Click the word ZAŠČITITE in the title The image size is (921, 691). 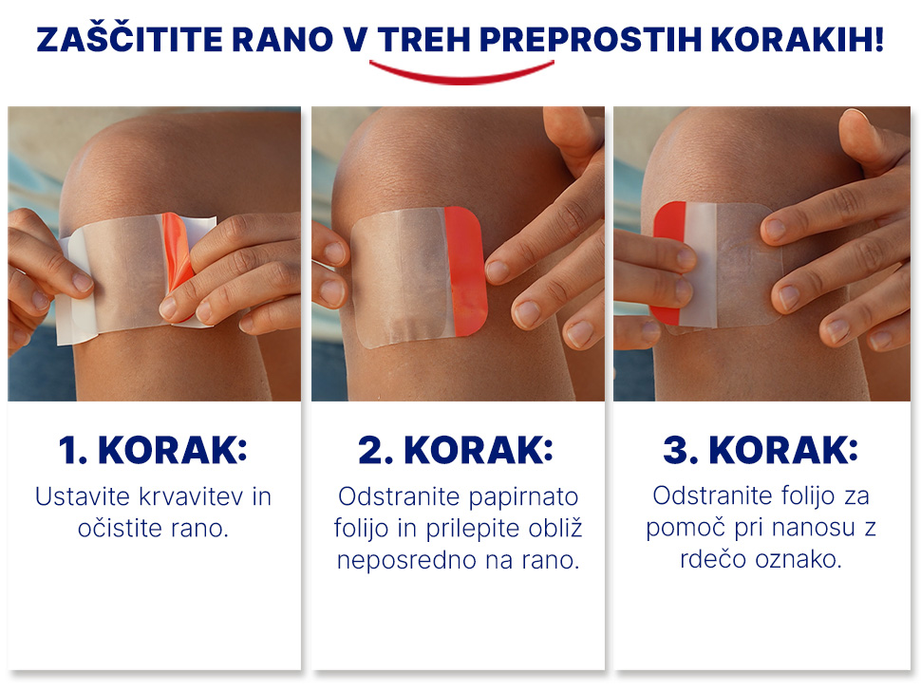[129, 40]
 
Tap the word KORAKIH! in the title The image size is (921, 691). [797, 40]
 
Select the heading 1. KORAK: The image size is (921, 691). [153, 450]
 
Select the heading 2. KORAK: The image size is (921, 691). [456, 450]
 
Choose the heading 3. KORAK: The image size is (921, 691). [761, 450]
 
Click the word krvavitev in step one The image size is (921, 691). [191, 496]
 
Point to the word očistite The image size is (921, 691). [121, 528]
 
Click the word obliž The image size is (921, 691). [555, 528]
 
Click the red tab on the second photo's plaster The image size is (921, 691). [466, 271]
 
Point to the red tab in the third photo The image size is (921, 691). [669, 262]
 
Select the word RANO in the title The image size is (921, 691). [283, 40]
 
